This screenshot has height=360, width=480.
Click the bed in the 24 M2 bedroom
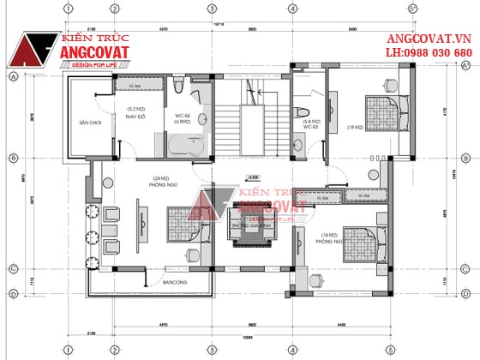tap(181, 228)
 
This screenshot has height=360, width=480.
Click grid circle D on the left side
tap(13, 294)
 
